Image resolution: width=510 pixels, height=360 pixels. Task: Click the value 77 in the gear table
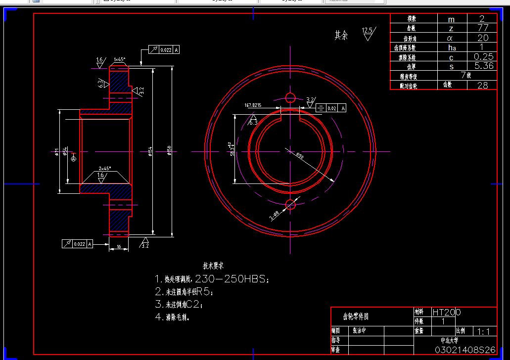click(482, 28)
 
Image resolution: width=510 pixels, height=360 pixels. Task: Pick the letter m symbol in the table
click(451, 19)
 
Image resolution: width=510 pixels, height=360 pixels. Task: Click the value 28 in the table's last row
click(482, 85)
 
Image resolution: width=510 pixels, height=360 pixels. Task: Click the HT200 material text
click(447, 312)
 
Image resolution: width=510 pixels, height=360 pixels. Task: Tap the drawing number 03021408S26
click(464, 350)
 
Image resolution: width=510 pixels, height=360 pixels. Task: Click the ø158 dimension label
click(169, 150)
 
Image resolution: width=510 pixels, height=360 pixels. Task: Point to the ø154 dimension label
click(150, 150)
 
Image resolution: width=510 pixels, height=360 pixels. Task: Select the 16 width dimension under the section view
click(119, 246)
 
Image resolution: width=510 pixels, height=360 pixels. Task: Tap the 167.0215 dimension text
click(253, 105)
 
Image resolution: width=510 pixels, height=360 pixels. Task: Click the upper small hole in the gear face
click(290, 97)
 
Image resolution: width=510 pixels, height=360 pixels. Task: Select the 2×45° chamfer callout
click(105, 168)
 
